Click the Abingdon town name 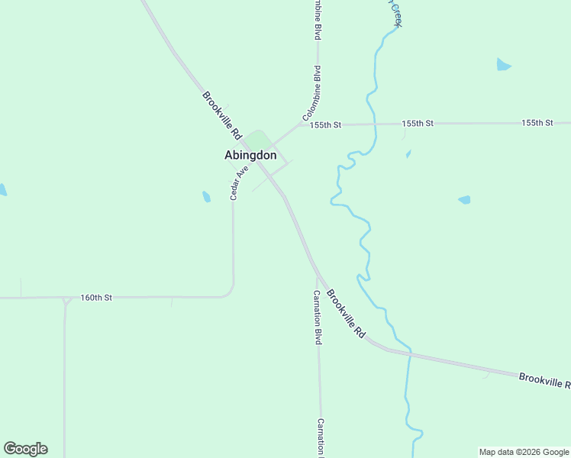[250, 155]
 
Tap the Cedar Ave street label [240, 184]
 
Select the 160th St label [97, 298]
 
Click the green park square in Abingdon [258, 140]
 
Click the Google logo [25, 449]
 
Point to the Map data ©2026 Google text [524, 452]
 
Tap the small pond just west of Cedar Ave [206, 197]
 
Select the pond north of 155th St [503, 65]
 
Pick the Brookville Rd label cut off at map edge [544, 380]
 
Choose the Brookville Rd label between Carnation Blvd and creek [347, 314]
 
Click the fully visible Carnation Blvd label [316, 318]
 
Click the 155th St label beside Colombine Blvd [325, 124]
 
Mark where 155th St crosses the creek [375, 124]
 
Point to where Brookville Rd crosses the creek [409, 355]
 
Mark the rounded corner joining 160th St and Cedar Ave [230, 292]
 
